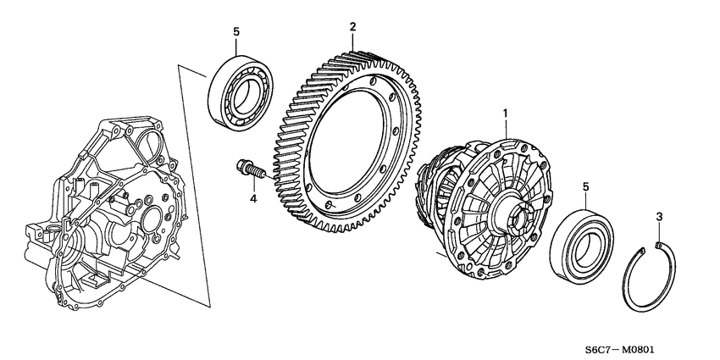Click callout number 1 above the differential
(507, 112)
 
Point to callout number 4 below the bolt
(252, 199)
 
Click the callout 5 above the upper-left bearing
(236, 32)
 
